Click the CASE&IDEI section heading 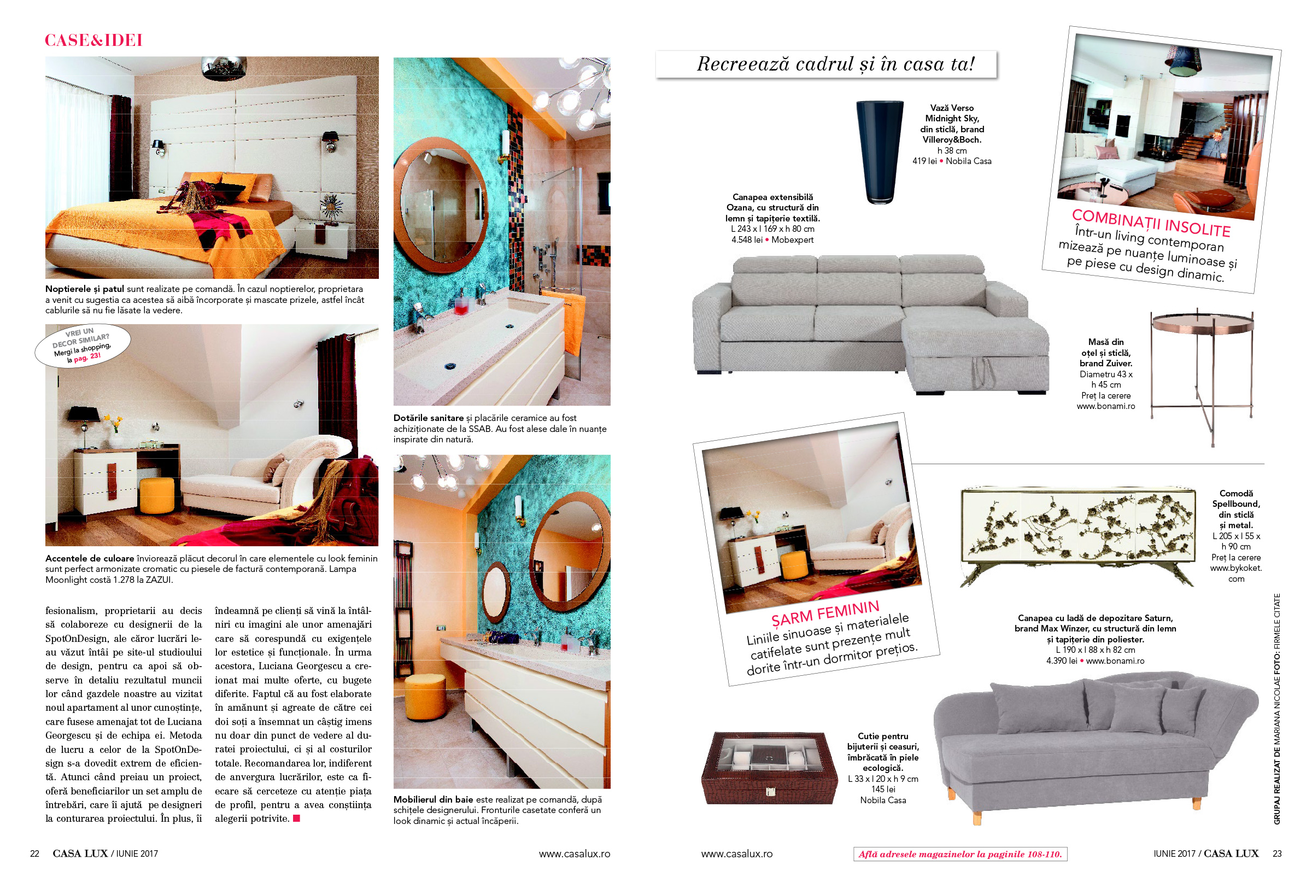(93, 40)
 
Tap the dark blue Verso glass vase (879, 151)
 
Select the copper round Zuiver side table (1202, 369)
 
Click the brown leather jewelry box (769, 769)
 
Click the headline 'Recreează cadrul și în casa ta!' (835, 65)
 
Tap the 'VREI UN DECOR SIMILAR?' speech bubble (83, 346)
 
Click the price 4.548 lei (746, 240)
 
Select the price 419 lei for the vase (924, 161)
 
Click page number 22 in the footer (34, 853)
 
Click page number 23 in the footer (1277, 853)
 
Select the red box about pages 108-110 (959, 854)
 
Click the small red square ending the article (296, 818)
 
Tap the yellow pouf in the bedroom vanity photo (156, 495)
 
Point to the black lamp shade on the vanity (84, 414)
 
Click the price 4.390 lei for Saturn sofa (1061, 660)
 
